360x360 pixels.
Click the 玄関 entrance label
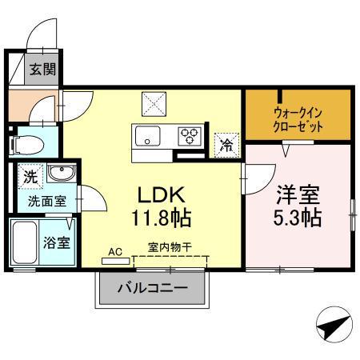tap(42, 70)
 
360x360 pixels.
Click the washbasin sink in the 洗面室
tap(58, 174)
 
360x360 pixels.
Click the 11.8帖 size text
tap(162, 217)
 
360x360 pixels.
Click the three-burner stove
tap(190, 135)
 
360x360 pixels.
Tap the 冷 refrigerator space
tap(226, 145)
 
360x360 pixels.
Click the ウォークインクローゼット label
tap(298, 119)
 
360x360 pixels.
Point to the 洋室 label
tap(299, 194)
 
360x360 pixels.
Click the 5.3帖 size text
tap(299, 217)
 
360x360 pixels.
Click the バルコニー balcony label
tap(152, 288)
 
